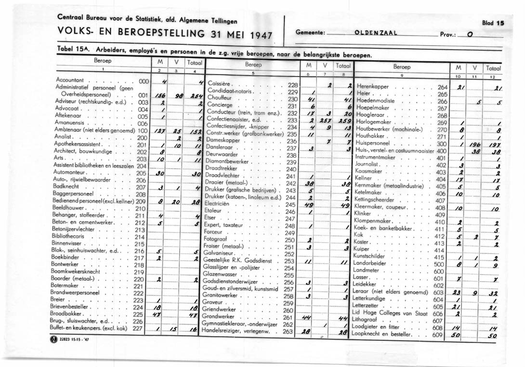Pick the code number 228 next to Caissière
293,84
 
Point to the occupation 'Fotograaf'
215,239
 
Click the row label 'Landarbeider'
373,264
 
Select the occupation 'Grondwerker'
219,317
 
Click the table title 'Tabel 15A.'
70,50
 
